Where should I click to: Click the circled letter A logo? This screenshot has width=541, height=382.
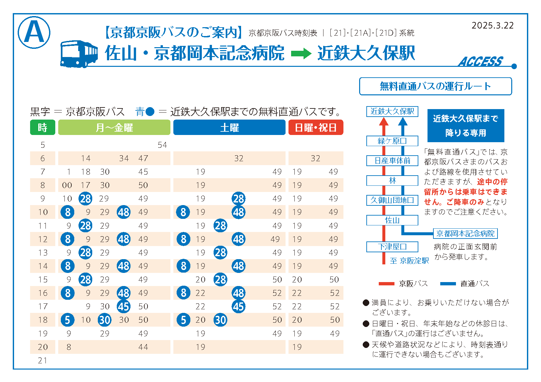pyautogui.click(x=34, y=32)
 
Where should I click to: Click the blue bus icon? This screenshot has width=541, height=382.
pyautogui.click(x=79, y=54)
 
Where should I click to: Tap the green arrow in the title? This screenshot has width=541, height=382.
pyautogui.click(x=301, y=53)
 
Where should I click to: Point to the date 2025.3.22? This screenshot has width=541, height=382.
pyautogui.click(x=493, y=26)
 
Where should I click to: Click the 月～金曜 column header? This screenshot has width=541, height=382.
pyautogui.click(x=114, y=127)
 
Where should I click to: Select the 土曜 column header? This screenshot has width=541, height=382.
pyautogui.click(x=229, y=127)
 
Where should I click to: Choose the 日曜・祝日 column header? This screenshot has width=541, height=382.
pyautogui.click(x=316, y=127)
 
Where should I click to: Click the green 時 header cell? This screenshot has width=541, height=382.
pyautogui.click(x=43, y=127)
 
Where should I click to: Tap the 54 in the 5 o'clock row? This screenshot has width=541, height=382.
pyautogui.click(x=162, y=145)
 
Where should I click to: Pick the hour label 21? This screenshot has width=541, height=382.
pyautogui.click(x=43, y=360)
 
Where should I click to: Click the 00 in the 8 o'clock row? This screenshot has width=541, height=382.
pyautogui.click(x=67, y=185)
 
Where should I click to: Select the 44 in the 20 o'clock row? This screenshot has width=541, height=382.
pyautogui.click(x=143, y=347)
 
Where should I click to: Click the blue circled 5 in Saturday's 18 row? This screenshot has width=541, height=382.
pyautogui.click(x=183, y=320)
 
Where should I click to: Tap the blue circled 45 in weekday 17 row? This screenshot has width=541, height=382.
pyautogui.click(x=124, y=307)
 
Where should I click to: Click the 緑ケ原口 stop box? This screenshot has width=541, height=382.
pyautogui.click(x=392, y=141)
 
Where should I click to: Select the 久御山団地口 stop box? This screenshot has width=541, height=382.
pyautogui.click(x=392, y=200)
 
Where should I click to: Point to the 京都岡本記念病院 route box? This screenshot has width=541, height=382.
pyautogui.click(x=465, y=234)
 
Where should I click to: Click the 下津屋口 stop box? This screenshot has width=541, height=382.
pyautogui.click(x=392, y=247)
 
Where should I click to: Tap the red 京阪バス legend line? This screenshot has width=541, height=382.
pyautogui.click(x=386, y=284)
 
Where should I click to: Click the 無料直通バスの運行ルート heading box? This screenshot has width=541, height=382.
pyautogui.click(x=435, y=86)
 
